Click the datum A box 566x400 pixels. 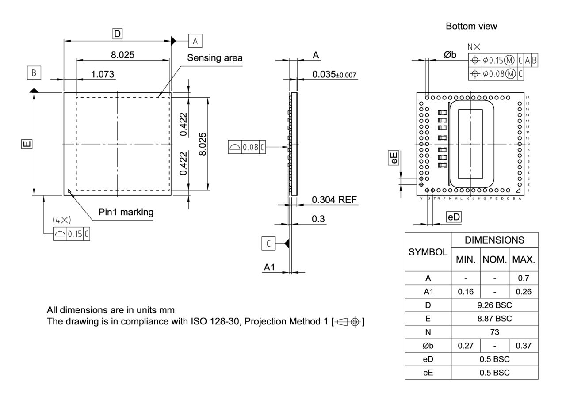(195, 41)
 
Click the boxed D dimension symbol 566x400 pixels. (117, 34)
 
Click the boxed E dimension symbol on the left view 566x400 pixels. (27, 144)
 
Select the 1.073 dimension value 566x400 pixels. (103, 74)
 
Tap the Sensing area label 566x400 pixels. (215, 58)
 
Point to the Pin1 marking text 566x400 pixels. (126, 212)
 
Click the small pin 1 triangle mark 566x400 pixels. (69, 191)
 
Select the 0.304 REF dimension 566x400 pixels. (334, 200)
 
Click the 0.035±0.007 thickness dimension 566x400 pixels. (334, 74)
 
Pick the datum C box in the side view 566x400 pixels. (268, 243)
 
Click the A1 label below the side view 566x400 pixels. (270, 267)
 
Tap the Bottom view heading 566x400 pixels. (471, 26)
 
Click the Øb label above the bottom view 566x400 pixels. (450, 54)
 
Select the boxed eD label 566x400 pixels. (454, 217)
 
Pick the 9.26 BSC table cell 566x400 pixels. (494, 305)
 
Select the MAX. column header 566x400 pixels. (524, 260)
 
